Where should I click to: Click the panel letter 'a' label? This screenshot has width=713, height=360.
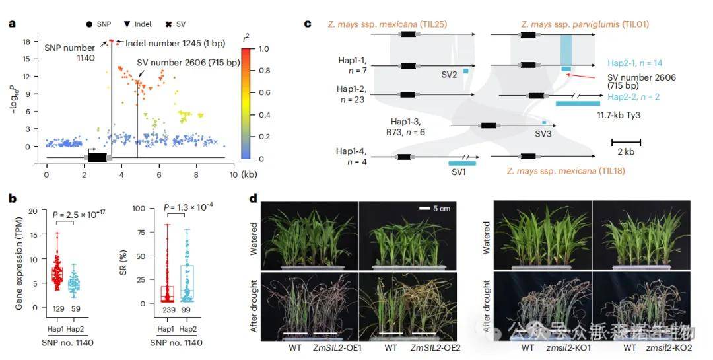pos(12,24)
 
